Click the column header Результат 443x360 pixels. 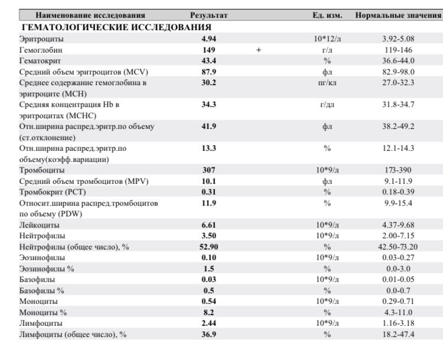209,15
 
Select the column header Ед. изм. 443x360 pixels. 327,15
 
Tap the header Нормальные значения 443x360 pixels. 398,15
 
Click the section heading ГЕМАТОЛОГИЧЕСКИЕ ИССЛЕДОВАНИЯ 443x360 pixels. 116,27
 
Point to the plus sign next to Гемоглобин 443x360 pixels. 259,50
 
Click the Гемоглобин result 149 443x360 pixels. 209,50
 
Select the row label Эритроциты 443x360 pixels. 41,39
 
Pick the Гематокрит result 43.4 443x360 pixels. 209,61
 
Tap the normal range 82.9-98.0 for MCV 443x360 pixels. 398,72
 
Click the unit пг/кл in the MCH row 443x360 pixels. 327,83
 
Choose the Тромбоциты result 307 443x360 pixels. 209,170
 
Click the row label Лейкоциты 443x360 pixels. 39,225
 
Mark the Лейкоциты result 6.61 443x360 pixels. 209,225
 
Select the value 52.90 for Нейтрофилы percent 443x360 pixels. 209,247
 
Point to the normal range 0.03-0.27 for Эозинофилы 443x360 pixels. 398,258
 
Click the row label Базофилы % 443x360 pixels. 41,290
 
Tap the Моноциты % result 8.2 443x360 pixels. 209,313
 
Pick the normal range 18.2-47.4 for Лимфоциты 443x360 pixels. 398,334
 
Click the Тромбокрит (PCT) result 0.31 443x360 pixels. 209,192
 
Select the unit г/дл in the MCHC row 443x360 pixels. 327,105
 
